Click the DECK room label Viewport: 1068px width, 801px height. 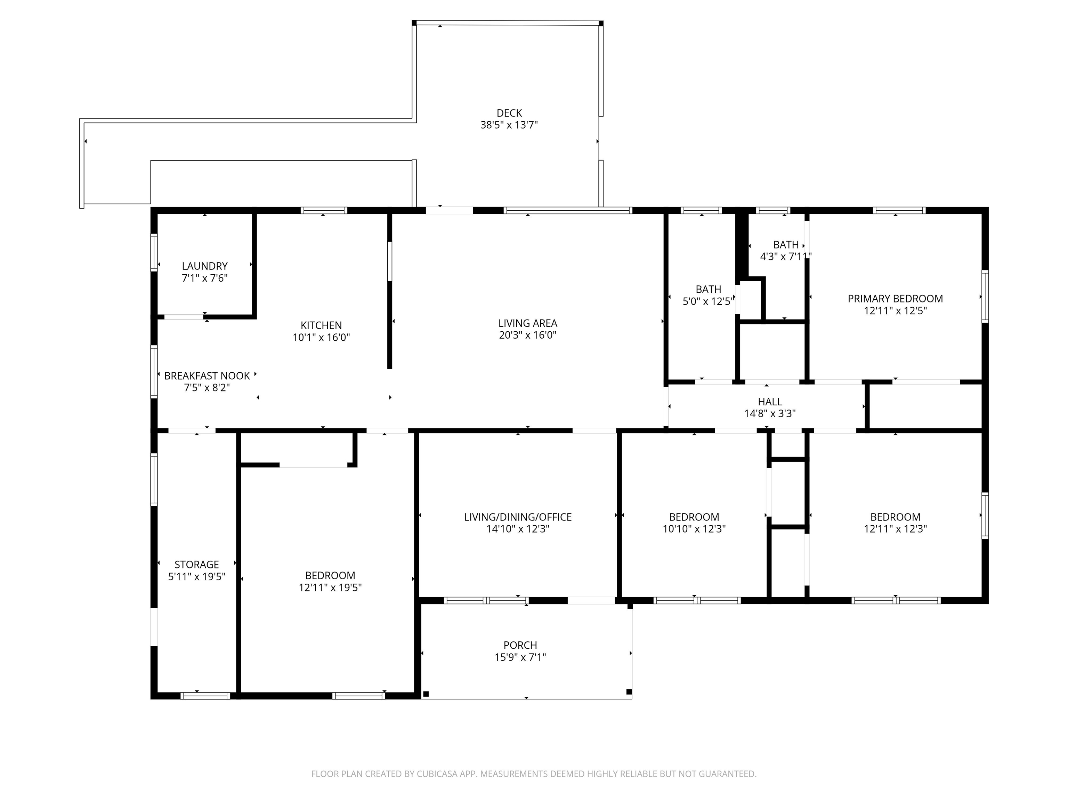[509, 113]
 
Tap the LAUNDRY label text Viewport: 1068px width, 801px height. [205, 266]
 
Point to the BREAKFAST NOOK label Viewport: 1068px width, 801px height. [207, 375]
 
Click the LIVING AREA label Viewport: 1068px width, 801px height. [528, 323]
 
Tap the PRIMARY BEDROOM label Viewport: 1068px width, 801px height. [895, 299]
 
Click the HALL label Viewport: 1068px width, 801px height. [770, 402]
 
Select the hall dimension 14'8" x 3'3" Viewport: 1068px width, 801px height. [770, 414]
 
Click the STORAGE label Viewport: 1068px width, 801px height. [196, 564]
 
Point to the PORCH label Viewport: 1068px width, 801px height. [520, 645]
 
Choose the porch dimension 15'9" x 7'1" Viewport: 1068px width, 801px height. [520, 657]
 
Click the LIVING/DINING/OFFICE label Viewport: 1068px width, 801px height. [518, 517]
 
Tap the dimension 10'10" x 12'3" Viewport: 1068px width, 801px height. [694, 529]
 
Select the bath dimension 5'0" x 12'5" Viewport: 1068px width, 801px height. [708, 301]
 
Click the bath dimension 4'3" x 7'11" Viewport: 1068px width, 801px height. [786, 256]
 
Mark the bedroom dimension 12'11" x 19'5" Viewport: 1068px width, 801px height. [330, 588]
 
